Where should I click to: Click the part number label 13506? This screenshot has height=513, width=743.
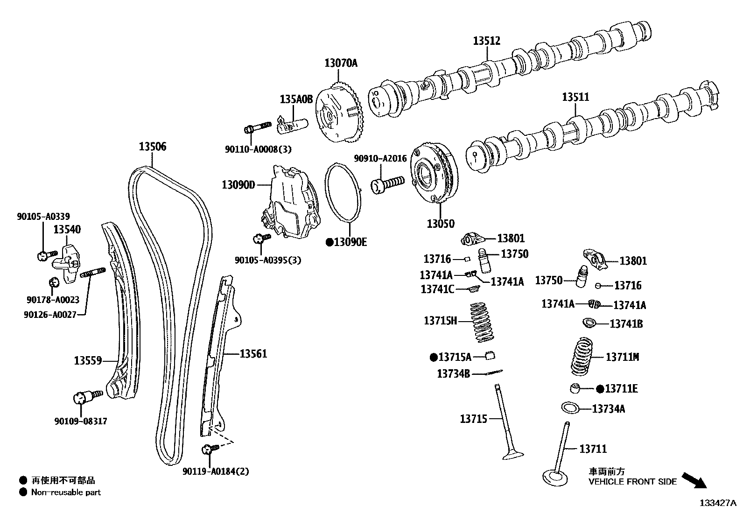tap(152, 147)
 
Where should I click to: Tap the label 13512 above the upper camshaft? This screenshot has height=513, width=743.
tap(486, 41)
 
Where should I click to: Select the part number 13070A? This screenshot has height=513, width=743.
tap(341, 63)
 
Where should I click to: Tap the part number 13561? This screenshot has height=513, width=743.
tap(253, 354)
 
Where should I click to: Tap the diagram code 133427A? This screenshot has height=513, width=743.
tap(717, 503)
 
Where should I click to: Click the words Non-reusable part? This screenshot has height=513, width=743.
tap(66, 492)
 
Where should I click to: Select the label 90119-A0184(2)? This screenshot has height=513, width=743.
tap(216, 471)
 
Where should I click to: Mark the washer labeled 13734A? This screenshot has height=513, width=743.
tap(570, 408)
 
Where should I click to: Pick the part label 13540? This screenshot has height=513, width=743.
tap(67, 229)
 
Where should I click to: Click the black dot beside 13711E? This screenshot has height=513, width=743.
tap(601, 388)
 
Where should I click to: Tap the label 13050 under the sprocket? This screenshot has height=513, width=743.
tap(440, 224)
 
